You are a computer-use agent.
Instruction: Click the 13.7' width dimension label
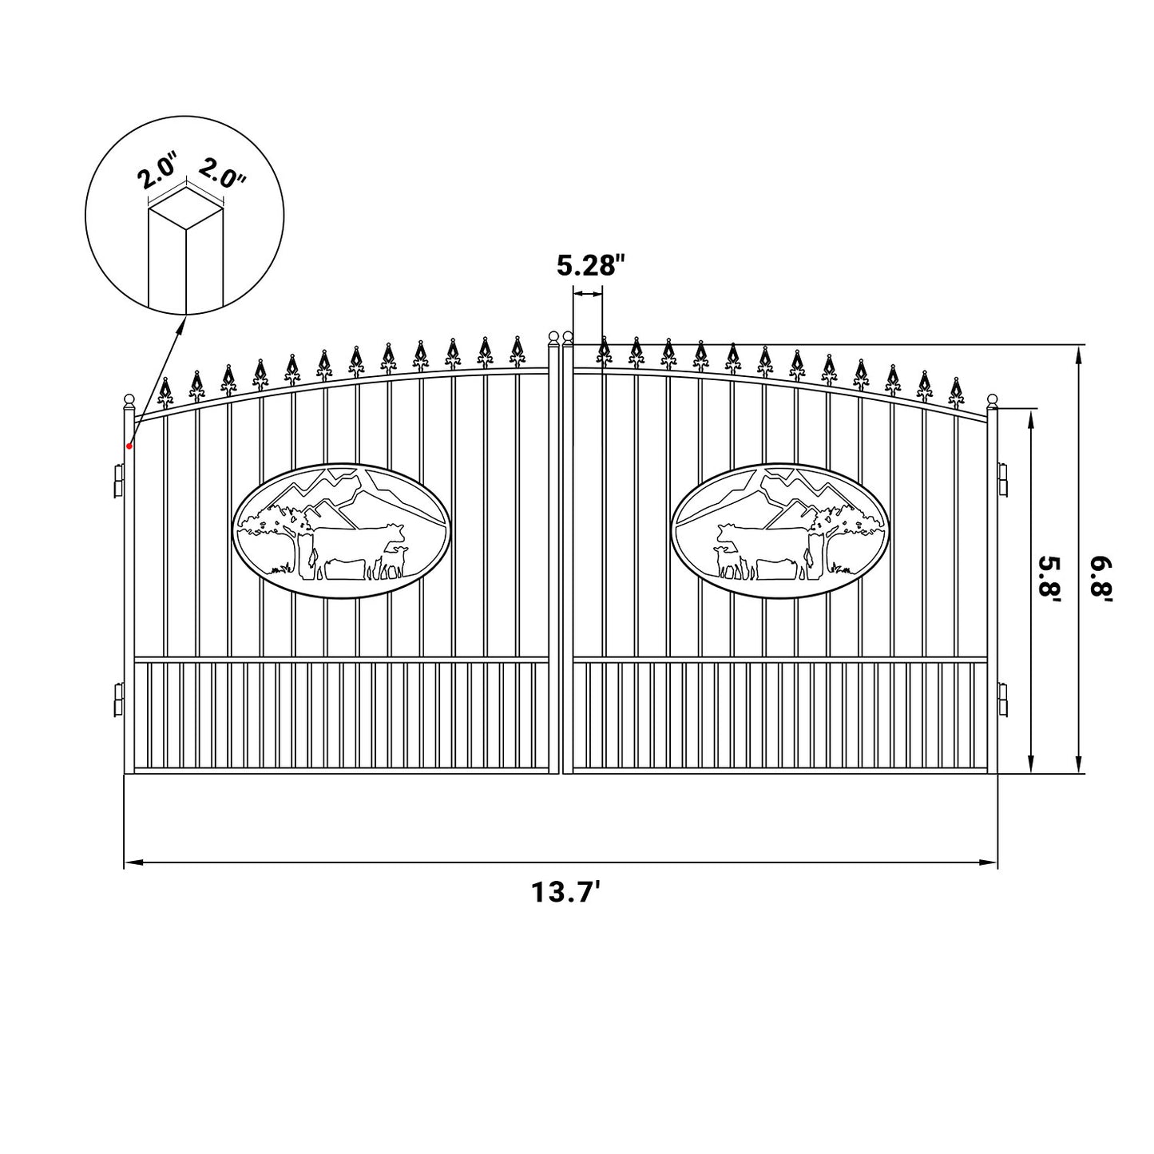click(x=566, y=891)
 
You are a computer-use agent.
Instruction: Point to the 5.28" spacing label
click(x=589, y=264)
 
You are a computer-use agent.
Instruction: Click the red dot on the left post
click(x=129, y=446)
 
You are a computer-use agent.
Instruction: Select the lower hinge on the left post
click(x=119, y=700)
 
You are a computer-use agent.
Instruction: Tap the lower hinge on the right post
click(x=1003, y=700)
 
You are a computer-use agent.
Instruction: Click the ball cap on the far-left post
click(x=129, y=399)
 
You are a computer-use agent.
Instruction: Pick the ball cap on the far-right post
click(x=993, y=399)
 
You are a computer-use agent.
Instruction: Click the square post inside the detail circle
click(x=185, y=256)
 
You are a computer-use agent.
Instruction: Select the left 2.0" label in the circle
click(x=157, y=173)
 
